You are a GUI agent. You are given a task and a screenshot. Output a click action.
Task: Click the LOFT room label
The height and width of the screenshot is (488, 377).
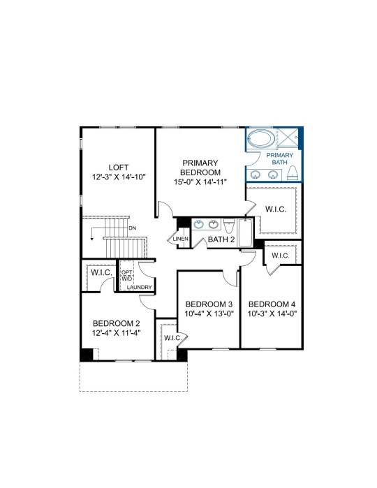coord(119,168)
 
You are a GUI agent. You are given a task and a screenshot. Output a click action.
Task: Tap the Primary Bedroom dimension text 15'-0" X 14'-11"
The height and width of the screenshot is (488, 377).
coord(200,182)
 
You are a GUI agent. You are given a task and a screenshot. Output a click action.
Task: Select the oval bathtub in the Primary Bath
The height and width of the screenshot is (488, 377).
coord(261,138)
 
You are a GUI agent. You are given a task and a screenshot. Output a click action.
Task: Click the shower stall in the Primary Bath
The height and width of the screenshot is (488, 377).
coord(288,138)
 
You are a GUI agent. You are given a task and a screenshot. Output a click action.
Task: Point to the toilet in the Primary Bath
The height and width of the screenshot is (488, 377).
coord(293,172)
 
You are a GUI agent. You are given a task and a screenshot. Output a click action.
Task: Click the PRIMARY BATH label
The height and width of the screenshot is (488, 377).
coord(280,158)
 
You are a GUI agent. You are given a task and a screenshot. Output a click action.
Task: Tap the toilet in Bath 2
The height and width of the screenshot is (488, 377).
coord(229,225)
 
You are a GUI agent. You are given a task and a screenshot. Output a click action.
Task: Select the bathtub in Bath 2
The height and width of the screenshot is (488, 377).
coord(246,232)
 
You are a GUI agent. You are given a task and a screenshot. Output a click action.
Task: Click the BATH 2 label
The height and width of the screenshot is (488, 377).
coord(221,239)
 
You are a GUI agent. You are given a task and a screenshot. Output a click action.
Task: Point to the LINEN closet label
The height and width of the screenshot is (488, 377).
coord(181,239)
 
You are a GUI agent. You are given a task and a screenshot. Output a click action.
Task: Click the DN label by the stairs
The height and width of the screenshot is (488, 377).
coord(133,228)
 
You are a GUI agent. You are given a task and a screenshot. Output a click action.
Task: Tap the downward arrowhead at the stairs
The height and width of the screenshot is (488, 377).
coord(92,239)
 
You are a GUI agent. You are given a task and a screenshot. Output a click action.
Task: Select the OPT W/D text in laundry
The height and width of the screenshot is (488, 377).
coord(126,276)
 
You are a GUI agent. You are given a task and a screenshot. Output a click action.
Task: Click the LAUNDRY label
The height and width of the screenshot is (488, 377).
coord(140,287)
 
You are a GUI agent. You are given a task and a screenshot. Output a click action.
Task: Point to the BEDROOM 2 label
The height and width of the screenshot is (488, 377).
coord(117,323)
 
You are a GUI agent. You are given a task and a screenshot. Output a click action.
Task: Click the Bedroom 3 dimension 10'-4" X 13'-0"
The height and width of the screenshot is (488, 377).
coord(209,313)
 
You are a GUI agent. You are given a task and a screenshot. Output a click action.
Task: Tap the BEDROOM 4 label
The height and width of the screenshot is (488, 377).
coord(272,304)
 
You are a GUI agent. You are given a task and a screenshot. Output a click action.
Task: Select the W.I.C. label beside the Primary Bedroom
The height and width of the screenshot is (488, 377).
coord(276,209)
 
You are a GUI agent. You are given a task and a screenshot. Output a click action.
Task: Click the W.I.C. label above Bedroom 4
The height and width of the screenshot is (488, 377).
coord(281,256)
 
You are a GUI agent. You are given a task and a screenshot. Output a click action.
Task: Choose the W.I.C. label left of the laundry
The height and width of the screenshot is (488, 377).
coord(101,273)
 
